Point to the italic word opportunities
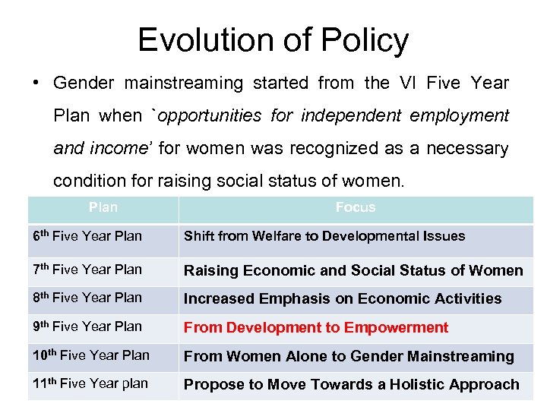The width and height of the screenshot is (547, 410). tap(204, 115)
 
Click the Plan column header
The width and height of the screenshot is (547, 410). tap(103, 207)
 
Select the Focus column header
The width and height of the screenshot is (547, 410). tap(355, 207)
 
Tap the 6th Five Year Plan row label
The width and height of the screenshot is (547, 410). tap(87, 236)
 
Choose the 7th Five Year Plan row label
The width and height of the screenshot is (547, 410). tap(87, 269)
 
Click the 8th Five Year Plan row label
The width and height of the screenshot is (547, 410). tap(87, 298)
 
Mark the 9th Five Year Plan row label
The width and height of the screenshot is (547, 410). tap(87, 326)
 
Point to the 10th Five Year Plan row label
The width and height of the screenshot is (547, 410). tap(91, 355)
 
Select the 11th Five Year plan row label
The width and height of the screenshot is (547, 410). tap(90, 383)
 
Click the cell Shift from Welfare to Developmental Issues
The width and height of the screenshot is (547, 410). tap(324, 236)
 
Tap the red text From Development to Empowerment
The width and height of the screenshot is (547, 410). tap(316, 327)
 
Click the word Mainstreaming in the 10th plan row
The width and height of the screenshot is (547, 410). tap(461, 356)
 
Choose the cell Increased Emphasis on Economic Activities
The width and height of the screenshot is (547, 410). tap(343, 298)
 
